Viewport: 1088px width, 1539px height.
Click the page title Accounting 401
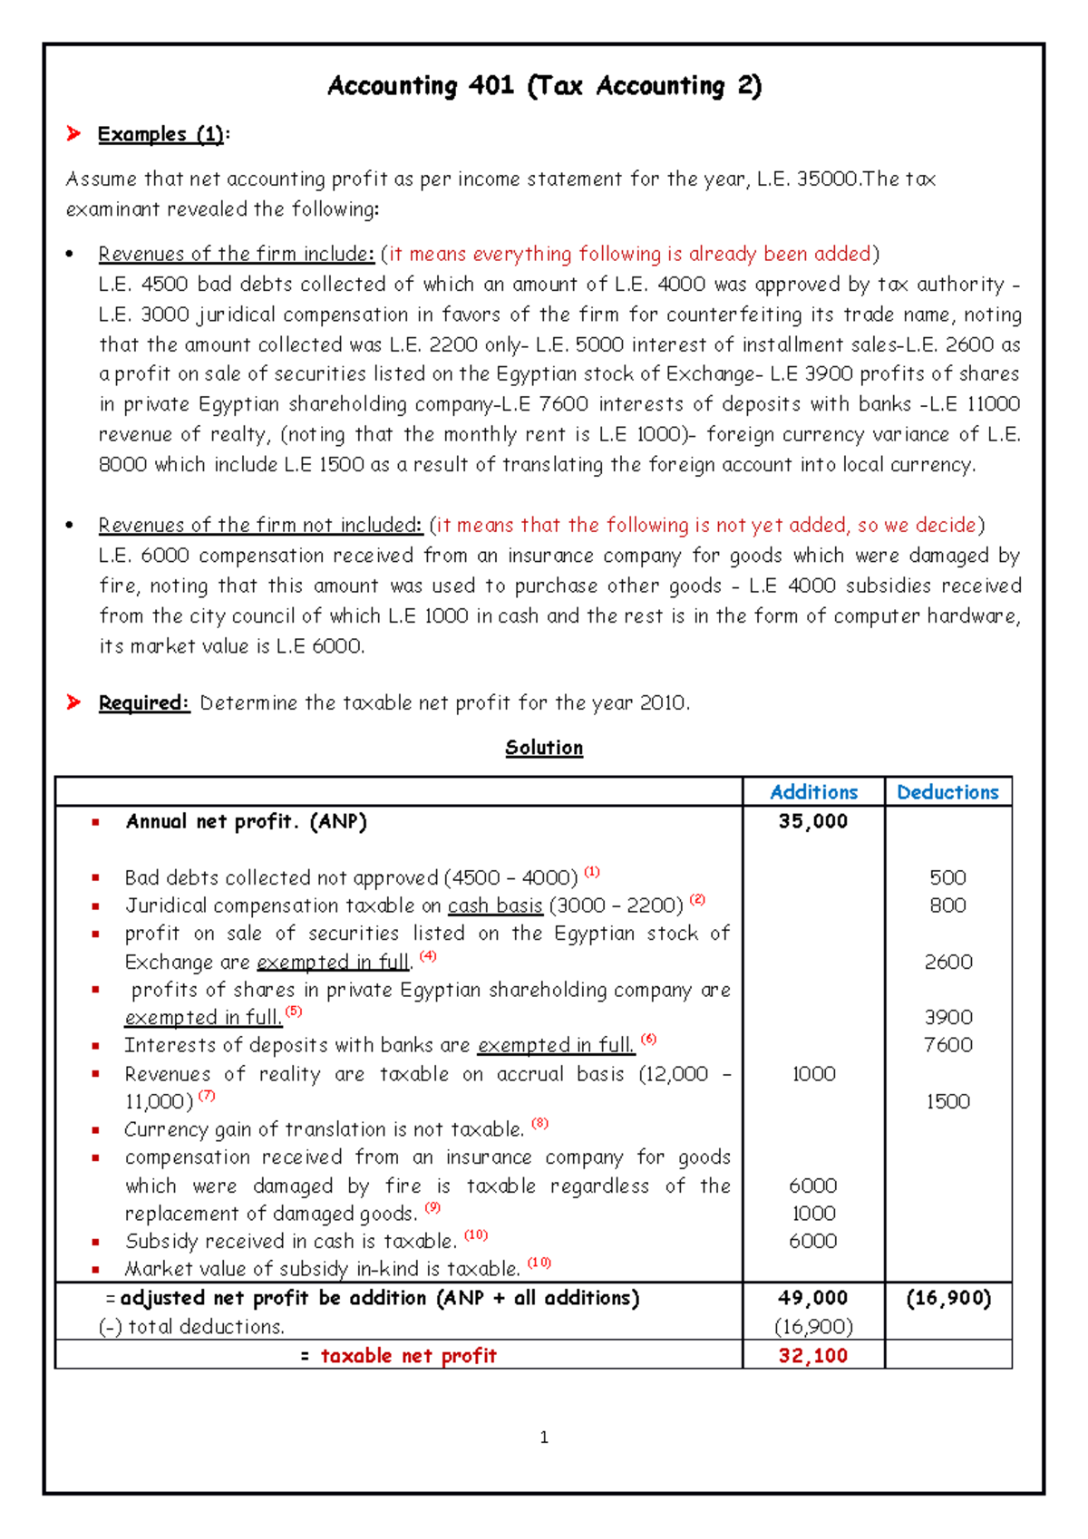pos(544,86)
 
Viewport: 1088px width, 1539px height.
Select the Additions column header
pos(813,792)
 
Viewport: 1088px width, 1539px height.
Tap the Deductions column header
pos(947,792)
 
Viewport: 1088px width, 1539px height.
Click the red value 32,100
pos(812,1356)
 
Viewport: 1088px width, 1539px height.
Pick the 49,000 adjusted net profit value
pos(812,1298)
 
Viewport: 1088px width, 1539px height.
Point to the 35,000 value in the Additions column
pos(812,821)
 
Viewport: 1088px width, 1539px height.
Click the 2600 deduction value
pos(947,962)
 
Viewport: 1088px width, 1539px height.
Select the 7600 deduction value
pos(947,1045)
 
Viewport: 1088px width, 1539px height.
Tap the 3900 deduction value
pos(947,1017)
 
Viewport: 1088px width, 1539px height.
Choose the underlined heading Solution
pos(544,748)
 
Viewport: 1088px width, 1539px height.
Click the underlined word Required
pos(143,703)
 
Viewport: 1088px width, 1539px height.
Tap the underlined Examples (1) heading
pos(160,134)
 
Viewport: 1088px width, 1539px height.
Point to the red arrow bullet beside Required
pos(73,702)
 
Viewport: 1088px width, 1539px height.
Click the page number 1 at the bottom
pos(544,1437)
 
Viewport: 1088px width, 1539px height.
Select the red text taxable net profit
pos(408,1356)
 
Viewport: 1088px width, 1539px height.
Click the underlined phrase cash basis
pos(495,905)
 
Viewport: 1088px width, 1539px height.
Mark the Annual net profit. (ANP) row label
pos(246,822)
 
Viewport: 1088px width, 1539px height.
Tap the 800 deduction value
pos(947,905)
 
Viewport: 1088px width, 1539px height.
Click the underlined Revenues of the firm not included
pos(260,526)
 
